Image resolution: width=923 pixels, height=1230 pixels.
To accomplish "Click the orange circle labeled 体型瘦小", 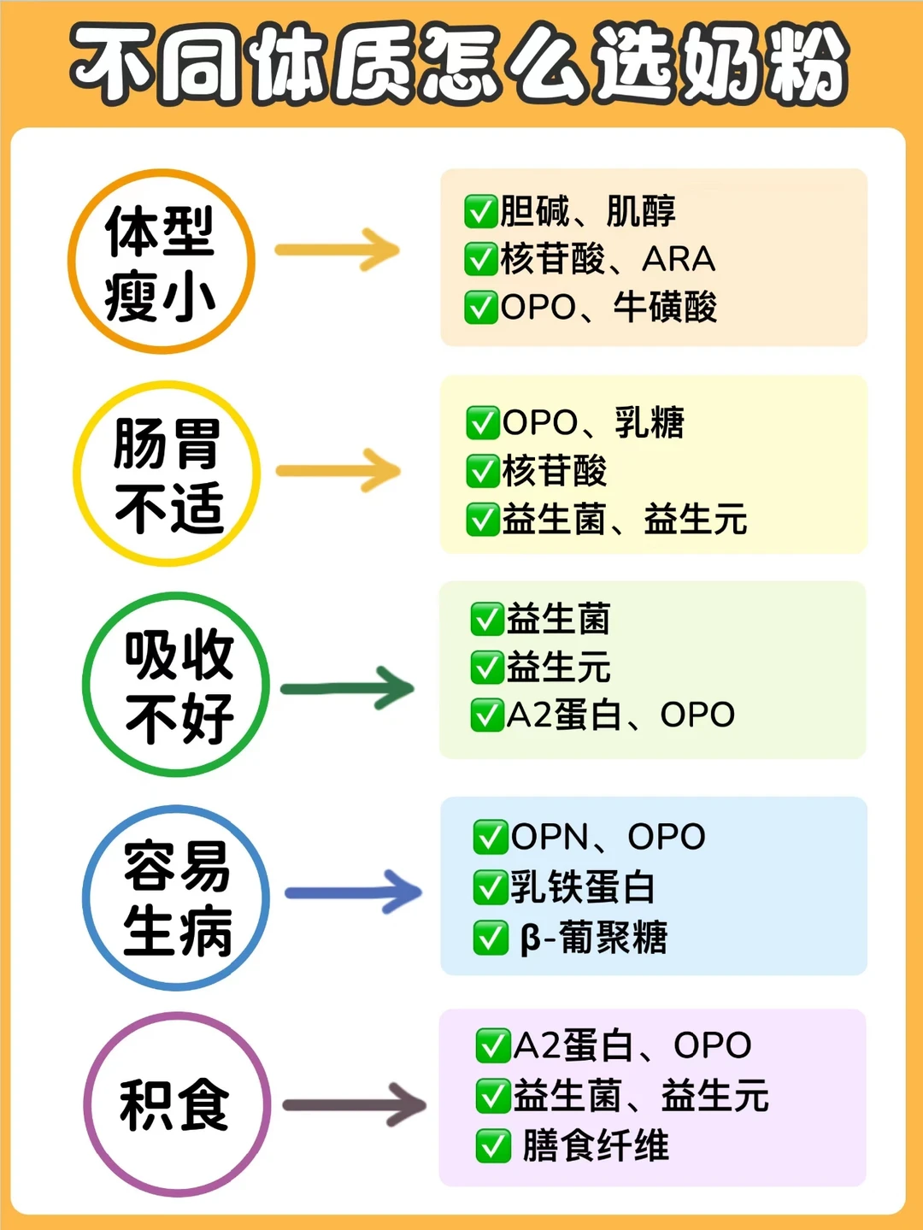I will tap(162, 262).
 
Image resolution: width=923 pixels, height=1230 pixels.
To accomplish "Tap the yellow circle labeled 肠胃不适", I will tap(167, 474).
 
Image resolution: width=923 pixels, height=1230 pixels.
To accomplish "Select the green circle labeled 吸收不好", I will tap(177, 685).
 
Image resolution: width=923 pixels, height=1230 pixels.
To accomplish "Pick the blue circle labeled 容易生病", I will tap(177, 897).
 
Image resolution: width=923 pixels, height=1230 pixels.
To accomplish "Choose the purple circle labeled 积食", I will tap(177, 1104).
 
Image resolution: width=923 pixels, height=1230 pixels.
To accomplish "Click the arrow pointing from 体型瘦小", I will tap(338, 250).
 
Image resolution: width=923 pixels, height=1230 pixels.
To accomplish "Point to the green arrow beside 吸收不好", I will tap(347, 688).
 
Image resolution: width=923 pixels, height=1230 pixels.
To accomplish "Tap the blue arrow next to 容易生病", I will tap(353, 893).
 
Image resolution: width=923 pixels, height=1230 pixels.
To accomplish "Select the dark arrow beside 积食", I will tap(355, 1104).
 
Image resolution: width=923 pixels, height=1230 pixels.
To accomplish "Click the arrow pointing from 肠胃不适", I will tap(338, 470).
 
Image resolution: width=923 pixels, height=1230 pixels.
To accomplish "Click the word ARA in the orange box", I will tap(679, 259).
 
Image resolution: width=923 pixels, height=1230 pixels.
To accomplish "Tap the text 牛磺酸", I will tap(665, 307).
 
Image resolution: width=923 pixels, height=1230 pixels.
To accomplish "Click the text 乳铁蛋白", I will tap(583, 887).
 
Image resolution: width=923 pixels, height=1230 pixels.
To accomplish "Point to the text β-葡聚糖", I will tap(594, 938).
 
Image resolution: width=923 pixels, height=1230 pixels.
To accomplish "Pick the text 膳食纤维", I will tap(596, 1145).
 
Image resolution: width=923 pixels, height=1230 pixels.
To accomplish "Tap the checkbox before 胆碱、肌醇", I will tap(480, 211).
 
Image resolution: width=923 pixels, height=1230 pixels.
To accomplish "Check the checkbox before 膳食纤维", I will tap(493, 1146).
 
